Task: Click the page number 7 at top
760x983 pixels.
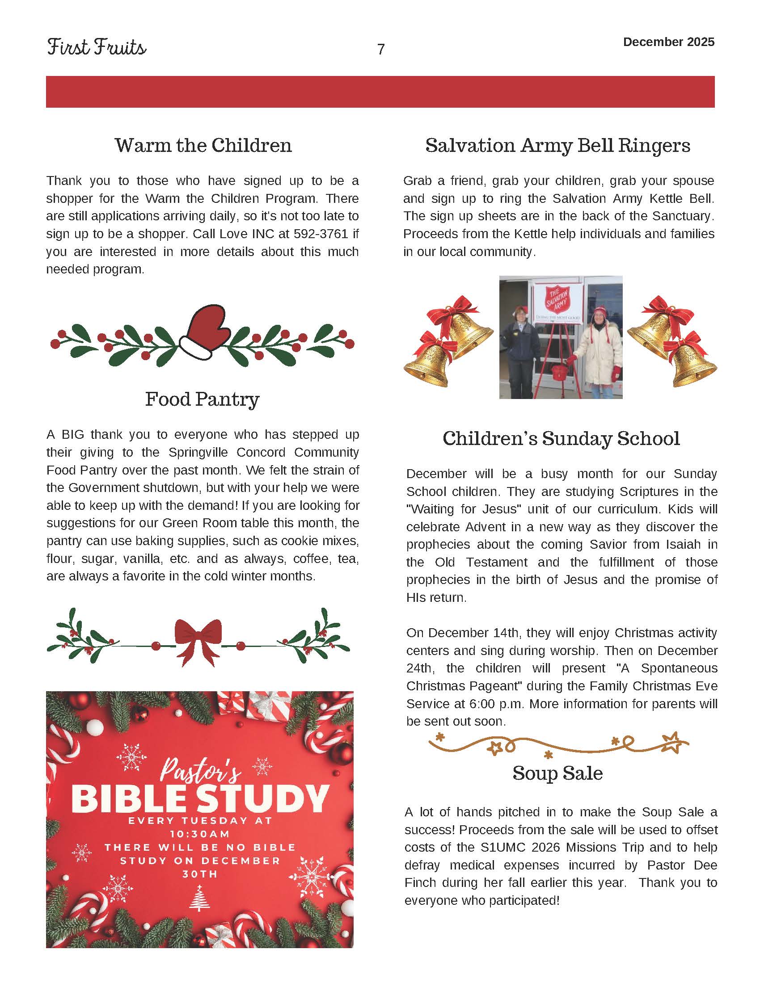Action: tap(381, 50)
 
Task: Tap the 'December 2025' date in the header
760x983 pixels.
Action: tap(669, 42)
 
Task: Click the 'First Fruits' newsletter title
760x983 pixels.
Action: tap(97, 47)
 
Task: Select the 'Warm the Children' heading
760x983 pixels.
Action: tap(203, 145)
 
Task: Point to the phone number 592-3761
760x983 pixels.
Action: tap(321, 234)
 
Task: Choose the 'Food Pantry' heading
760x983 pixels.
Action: tap(202, 399)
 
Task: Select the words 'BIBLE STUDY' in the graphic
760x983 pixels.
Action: tap(200, 798)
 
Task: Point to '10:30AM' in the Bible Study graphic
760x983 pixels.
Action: tap(200, 834)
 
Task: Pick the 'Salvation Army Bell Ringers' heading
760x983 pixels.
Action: tap(557, 145)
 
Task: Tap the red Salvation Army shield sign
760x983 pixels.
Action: tap(557, 299)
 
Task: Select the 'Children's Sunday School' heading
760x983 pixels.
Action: tap(561, 438)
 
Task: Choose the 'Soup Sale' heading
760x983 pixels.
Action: tap(557, 773)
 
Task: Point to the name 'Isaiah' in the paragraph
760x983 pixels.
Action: tap(683, 544)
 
